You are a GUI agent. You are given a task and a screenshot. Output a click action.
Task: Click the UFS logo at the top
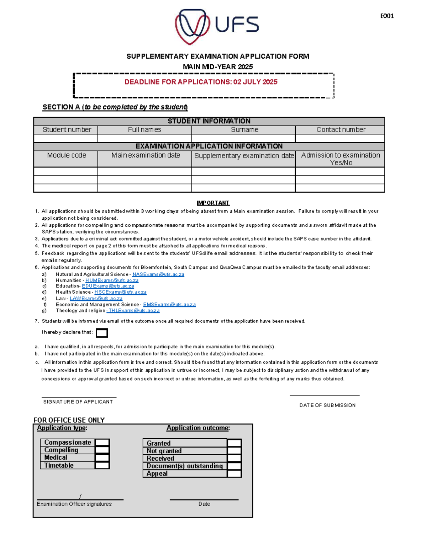[217, 26]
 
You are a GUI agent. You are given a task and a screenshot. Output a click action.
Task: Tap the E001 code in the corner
[387, 16]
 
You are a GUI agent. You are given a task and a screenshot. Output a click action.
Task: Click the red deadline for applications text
[201, 82]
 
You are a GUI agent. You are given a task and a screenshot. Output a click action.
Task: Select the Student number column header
[67, 130]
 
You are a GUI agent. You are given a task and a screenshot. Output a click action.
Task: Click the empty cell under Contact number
[340, 138]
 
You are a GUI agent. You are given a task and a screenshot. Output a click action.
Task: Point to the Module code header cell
[67, 155]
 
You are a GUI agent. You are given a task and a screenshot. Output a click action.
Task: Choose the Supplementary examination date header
[244, 156]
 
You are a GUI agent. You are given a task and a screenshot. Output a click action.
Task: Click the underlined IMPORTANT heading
[213, 203]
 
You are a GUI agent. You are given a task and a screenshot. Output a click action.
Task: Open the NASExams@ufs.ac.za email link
[158, 274]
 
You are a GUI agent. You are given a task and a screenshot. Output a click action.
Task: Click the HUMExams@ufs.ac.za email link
[112, 280]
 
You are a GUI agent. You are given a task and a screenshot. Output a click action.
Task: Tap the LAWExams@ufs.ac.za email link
[96, 299]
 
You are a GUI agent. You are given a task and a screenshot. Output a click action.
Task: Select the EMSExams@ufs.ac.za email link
[169, 305]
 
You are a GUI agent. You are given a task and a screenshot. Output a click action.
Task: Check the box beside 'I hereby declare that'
[102, 333]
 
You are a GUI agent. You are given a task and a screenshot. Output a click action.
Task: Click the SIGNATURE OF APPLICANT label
[78, 402]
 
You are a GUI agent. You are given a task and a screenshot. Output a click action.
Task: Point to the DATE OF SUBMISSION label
[327, 405]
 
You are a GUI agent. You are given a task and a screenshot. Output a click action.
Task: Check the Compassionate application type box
[102, 443]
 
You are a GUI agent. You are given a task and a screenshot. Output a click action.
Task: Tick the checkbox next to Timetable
[102, 465]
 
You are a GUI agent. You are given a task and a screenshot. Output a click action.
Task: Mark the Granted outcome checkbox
[234, 443]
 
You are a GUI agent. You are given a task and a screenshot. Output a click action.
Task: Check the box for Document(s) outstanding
[234, 466]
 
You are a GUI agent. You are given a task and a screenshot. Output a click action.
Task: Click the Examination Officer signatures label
[74, 504]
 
